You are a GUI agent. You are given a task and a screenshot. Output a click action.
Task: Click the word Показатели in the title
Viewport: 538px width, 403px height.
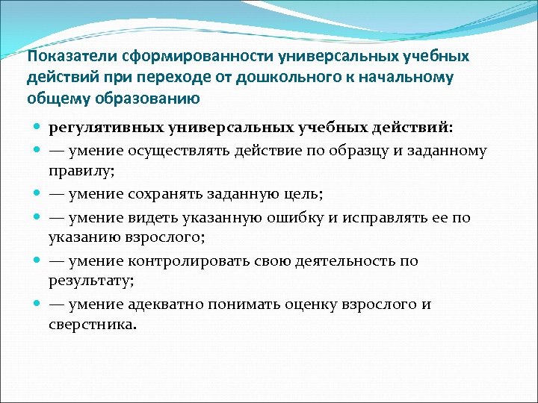tap(64, 58)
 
